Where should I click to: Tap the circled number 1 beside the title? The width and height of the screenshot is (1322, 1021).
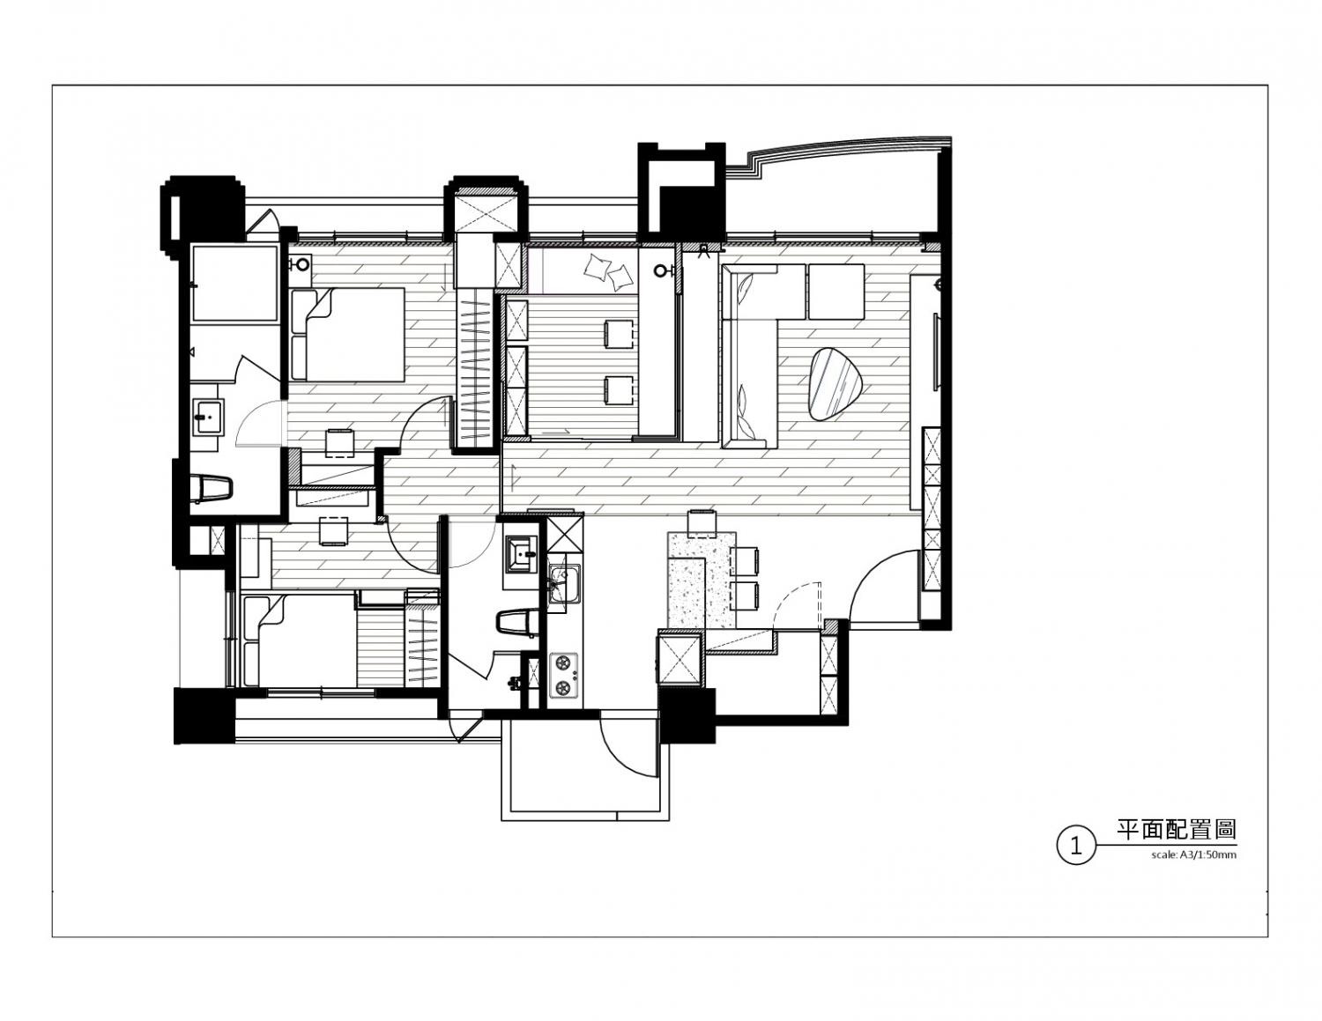[1075, 845]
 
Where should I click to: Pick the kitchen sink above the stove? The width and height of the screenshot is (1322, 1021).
[564, 584]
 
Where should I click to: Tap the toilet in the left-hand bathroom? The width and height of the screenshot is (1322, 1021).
[212, 488]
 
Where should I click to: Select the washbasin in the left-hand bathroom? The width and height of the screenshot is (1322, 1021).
[209, 417]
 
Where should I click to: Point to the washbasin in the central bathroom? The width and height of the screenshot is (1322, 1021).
[521, 553]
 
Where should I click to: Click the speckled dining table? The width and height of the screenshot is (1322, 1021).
[702, 580]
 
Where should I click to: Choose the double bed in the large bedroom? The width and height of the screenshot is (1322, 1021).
[348, 334]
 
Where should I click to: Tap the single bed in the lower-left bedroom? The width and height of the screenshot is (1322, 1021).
[300, 641]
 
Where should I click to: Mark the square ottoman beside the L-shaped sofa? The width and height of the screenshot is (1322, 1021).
[836, 292]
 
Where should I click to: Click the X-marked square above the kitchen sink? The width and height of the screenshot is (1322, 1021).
[565, 534]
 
